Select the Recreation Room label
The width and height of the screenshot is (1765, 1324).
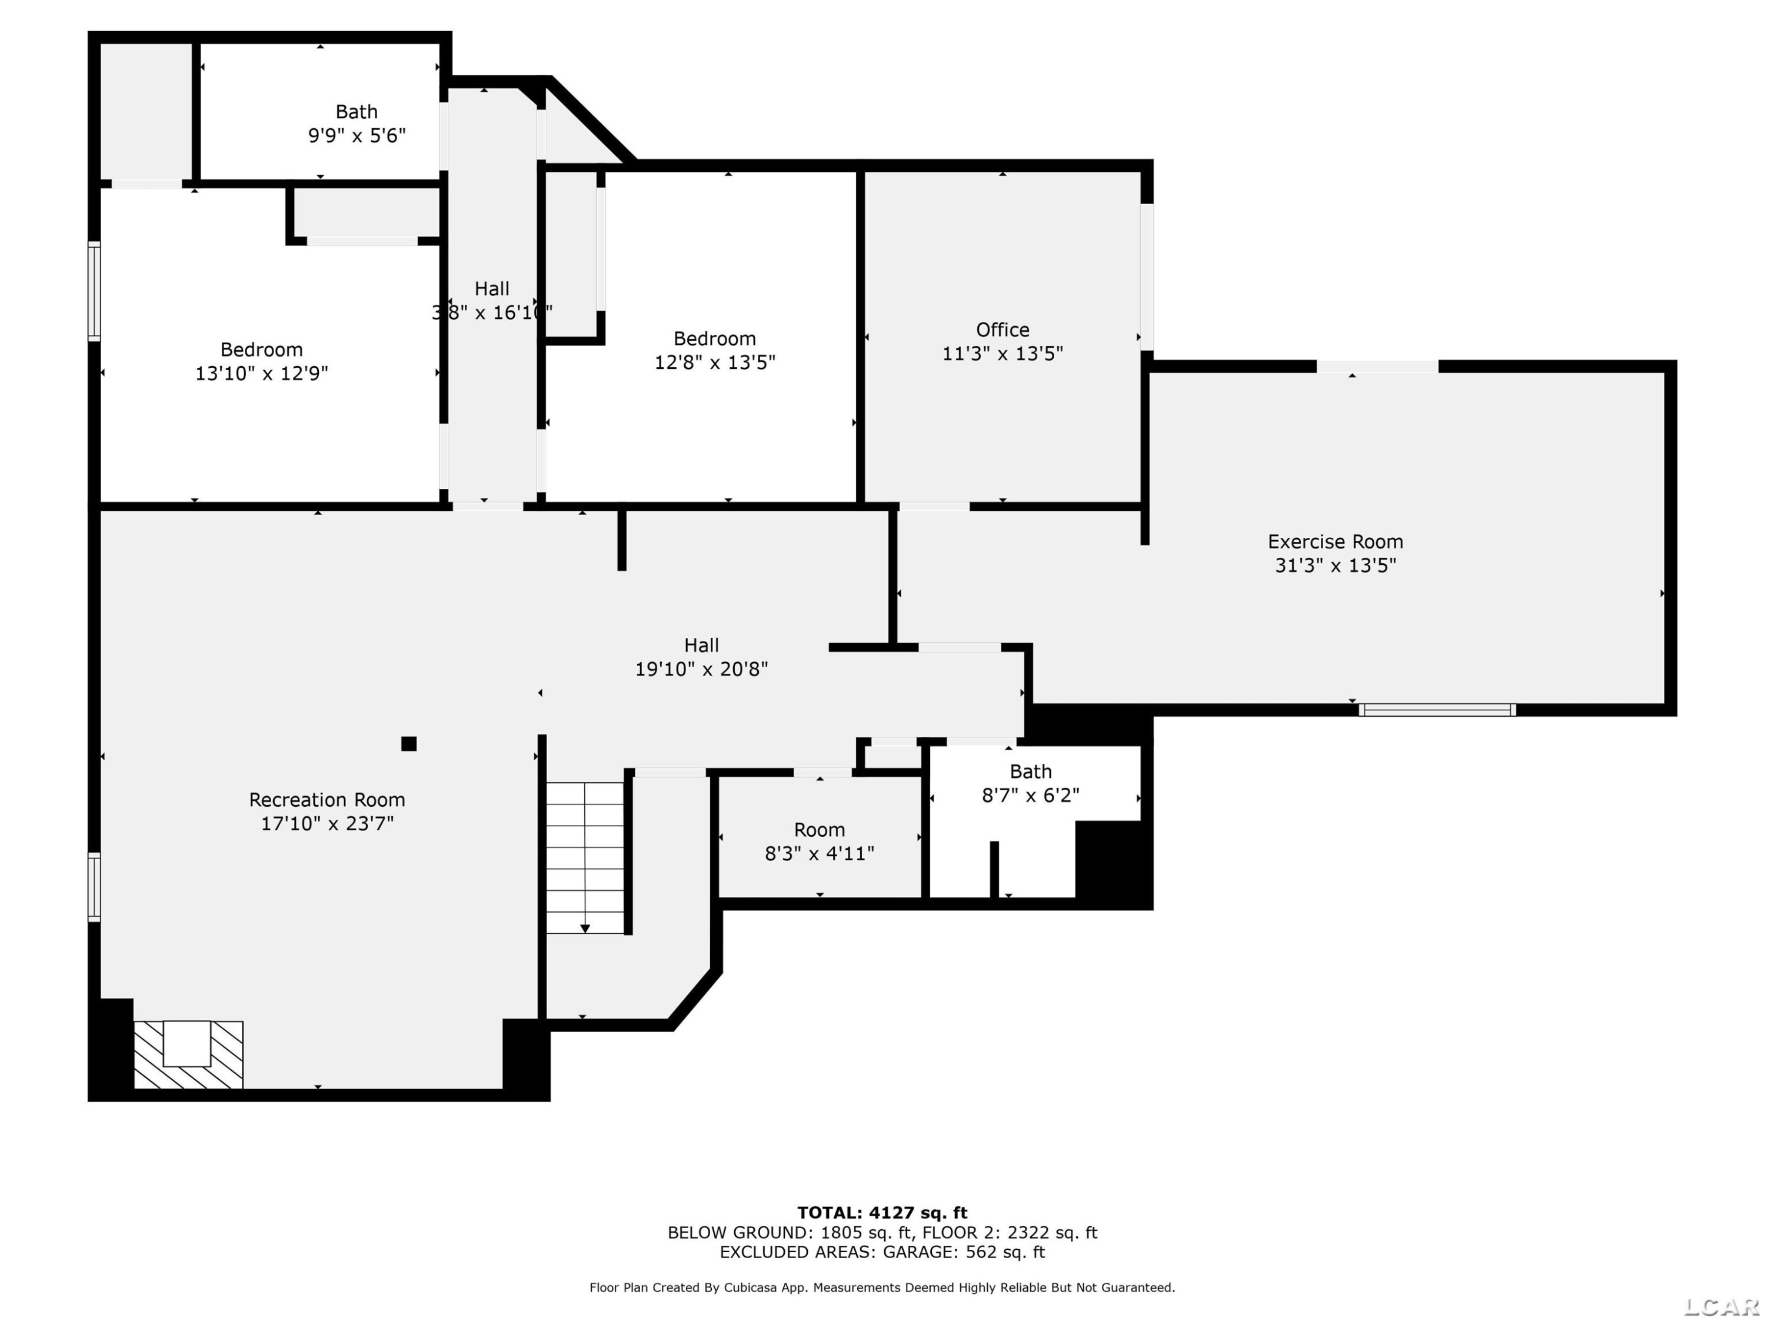(327, 800)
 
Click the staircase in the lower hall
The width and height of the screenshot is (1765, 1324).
(585, 857)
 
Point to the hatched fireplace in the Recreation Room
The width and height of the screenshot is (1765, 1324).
(188, 1054)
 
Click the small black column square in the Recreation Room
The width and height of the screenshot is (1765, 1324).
(408, 744)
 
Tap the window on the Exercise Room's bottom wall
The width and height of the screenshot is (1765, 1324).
(1437, 710)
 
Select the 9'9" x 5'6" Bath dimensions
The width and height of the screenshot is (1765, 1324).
(357, 136)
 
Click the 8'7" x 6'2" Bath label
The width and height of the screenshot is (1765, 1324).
(1030, 771)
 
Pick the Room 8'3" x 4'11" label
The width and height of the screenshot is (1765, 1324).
(820, 830)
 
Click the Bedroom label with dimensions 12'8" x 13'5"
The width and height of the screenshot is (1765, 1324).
(714, 338)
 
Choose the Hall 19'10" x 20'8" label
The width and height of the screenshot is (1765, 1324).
(701, 645)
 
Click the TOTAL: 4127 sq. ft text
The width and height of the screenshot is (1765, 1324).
(883, 1213)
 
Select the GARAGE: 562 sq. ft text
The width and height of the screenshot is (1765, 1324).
(963, 1252)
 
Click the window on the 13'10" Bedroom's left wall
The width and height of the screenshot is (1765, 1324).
(94, 291)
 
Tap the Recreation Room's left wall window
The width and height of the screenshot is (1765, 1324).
(94, 887)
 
